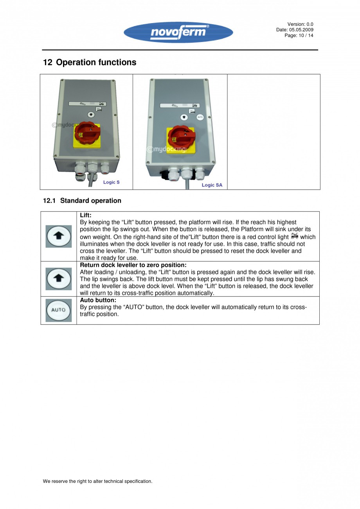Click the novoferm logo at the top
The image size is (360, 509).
(178, 32)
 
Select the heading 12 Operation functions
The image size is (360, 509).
(90, 62)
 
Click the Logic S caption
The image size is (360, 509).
(111, 182)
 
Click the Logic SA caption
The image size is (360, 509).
(212, 185)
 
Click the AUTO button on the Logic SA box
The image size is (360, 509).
(200, 117)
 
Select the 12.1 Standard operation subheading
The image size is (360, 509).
(82, 201)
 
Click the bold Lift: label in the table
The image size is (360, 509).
(86, 215)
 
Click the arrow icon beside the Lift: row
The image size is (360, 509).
(59, 236)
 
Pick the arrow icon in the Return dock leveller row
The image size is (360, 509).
(59, 279)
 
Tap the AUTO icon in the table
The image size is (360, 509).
(59, 310)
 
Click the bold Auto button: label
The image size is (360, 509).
(98, 300)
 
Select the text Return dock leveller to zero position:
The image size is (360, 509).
(133, 265)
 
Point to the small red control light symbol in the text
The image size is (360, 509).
(295, 236)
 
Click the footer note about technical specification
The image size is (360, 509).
(97, 481)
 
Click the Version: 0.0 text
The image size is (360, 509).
(300, 24)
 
